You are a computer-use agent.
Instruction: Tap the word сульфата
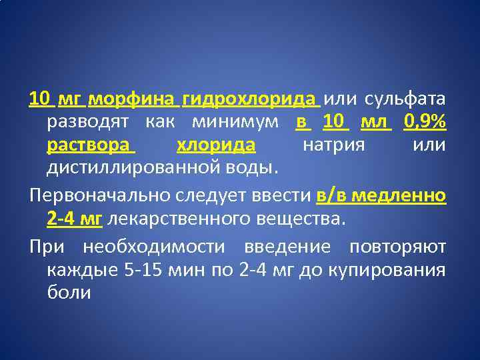tap(404, 100)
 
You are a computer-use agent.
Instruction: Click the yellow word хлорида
tap(216, 145)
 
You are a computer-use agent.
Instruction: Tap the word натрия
tap(333, 145)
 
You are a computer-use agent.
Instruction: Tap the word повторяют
tap(397, 246)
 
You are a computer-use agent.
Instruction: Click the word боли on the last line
tap(69, 291)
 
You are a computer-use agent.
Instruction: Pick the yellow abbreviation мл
tap(373, 123)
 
